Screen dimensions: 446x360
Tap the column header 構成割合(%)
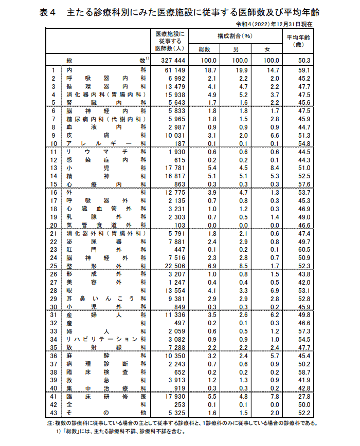pyautogui.click(x=235, y=36)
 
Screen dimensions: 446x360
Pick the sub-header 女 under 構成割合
pyautogui.click(x=266, y=49)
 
